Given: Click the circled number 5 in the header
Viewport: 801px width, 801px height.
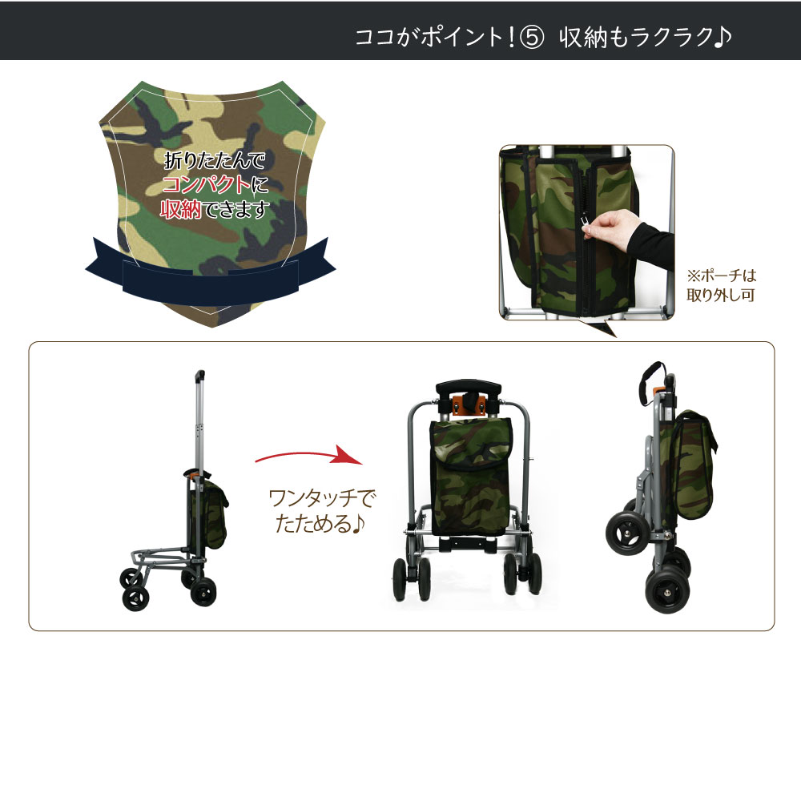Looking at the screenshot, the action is point(531,37).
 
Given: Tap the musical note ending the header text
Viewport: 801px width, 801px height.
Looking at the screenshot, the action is point(723,37).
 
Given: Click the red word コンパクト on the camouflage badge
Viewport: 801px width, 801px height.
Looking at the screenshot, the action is point(207,184).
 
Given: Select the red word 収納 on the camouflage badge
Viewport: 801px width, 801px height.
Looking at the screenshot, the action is point(181,209).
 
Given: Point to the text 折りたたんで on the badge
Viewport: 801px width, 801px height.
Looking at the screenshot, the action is point(215,160).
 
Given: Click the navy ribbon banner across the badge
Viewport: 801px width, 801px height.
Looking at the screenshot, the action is point(211,273).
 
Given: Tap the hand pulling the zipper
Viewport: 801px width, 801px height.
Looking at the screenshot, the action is point(611,227).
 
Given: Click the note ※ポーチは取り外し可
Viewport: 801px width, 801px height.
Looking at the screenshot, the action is point(721,286).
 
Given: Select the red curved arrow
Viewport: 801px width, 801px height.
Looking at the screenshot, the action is point(309,455).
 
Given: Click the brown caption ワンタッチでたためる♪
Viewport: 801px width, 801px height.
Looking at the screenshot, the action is point(321,510).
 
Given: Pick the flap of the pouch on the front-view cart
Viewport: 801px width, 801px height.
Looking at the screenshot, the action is point(472,444).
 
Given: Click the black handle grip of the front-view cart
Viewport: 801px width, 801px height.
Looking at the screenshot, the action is point(468,387).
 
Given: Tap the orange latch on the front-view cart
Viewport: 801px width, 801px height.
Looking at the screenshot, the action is point(468,404).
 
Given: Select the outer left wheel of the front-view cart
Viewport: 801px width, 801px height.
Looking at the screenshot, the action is point(400,579).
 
